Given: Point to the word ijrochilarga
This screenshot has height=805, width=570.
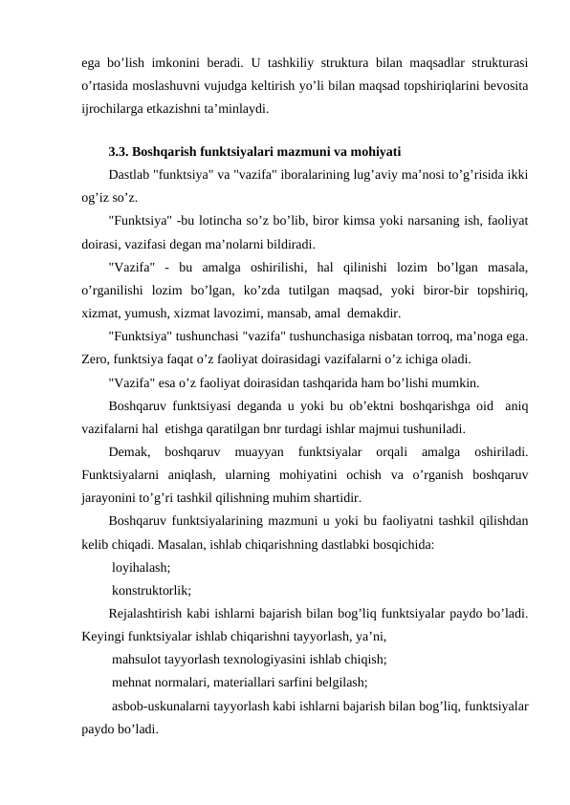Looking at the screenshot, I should pyautogui.click(x=115, y=109).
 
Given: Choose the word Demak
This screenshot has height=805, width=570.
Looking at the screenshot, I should pyautogui.click(x=129, y=451).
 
